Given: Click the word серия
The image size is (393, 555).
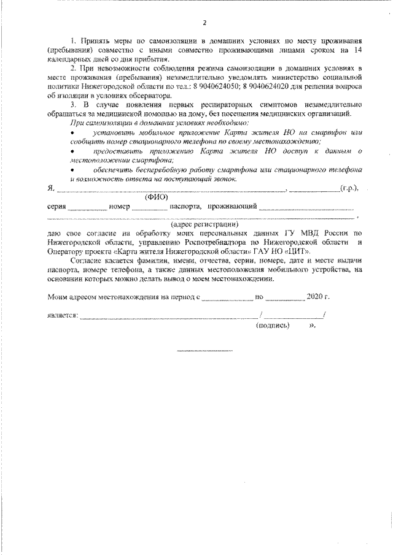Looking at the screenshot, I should pos(56,207).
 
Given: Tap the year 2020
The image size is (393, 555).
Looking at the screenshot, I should pos(316,297).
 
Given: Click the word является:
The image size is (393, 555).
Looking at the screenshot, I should pos(62,316).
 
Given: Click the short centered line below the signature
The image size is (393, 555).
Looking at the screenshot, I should pos(204,351).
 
